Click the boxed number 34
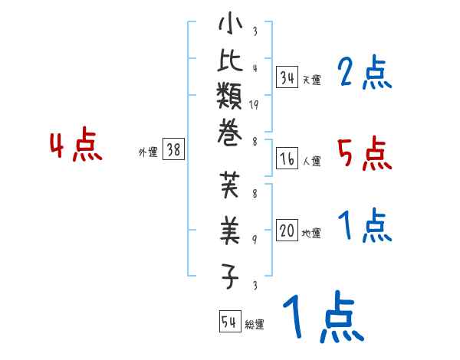click(287, 77)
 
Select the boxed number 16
click(287, 159)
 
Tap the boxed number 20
click(287, 231)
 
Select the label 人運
click(311, 161)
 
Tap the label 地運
click(311, 234)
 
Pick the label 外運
click(148, 152)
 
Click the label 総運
click(255, 324)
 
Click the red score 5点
click(364, 155)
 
